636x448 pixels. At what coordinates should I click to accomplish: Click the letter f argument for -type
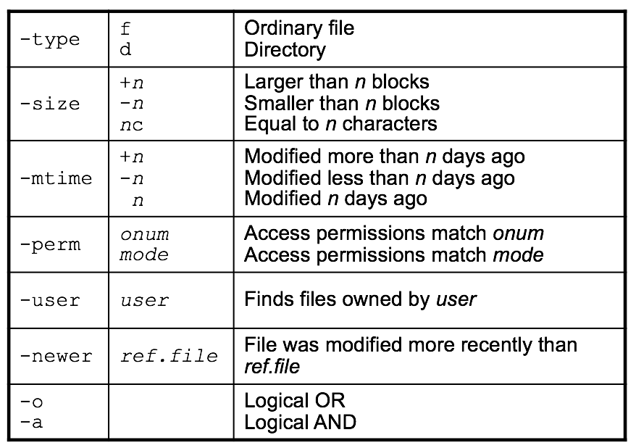click(x=126, y=28)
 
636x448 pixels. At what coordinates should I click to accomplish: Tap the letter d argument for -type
click(x=126, y=50)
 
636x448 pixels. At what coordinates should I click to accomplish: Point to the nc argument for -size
click(x=132, y=125)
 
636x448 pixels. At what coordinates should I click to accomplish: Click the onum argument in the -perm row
click(x=144, y=233)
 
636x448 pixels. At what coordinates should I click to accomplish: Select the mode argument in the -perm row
click(x=144, y=255)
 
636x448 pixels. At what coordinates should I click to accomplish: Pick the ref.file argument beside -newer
click(x=168, y=356)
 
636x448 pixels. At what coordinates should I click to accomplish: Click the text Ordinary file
click(x=299, y=28)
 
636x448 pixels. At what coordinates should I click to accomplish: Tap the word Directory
click(x=285, y=50)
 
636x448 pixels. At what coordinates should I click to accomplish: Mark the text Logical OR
click(x=295, y=401)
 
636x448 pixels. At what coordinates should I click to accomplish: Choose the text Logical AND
click(x=300, y=422)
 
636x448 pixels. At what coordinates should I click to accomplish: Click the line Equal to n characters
click(x=340, y=124)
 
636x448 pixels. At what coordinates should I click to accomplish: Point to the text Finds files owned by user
click(x=360, y=300)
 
